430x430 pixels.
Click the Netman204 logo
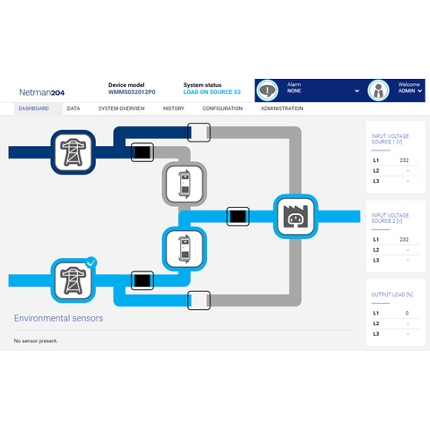(42, 92)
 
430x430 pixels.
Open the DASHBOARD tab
(34, 108)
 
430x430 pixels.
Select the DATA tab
(73, 108)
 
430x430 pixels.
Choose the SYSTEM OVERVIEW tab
(122, 108)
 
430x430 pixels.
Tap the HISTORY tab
(174, 108)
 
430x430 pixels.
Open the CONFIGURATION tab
(222, 108)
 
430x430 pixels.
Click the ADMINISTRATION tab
(282, 108)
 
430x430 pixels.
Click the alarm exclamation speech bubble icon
(268, 90)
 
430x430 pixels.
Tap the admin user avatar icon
(378, 90)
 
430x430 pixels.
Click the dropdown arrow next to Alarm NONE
(357, 90)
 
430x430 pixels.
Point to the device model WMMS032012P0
(132, 92)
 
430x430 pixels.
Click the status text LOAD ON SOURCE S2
(212, 92)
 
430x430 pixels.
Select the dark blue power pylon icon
(73, 152)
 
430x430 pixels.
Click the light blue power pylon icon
(73, 280)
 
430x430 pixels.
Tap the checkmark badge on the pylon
(91, 262)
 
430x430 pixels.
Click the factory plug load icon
(296, 217)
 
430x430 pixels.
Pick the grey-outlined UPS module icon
(185, 184)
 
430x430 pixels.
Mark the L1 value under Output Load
(407, 313)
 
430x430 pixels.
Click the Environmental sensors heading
(58, 318)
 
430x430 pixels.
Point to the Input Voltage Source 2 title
(390, 218)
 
